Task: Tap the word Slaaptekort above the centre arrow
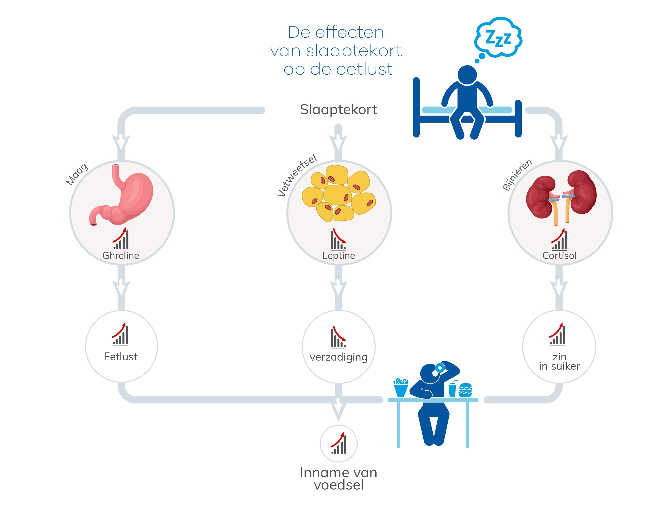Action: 338,110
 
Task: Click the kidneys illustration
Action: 561,195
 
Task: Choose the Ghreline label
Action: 121,255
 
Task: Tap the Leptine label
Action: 338,255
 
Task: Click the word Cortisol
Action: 559,255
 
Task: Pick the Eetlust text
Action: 121,357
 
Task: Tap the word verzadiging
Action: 338,357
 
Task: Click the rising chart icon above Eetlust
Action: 121,334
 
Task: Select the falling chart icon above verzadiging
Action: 338,337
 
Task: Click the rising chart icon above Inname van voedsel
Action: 339,444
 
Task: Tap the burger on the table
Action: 465,390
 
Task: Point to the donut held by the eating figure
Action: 440,367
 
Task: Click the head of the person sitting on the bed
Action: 467,75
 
